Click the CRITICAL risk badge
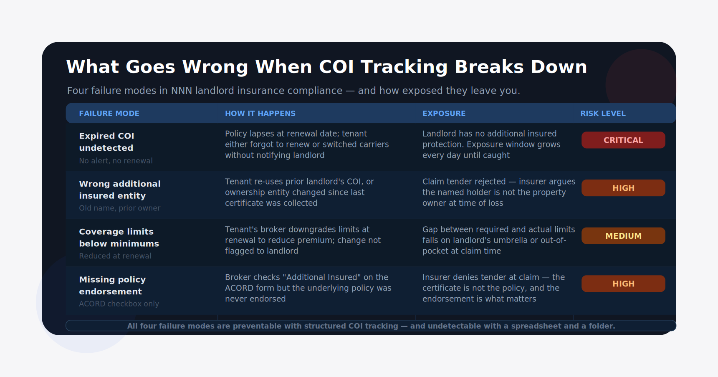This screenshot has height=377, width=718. click(x=623, y=140)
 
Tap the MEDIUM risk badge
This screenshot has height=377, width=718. click(x=623, y=236)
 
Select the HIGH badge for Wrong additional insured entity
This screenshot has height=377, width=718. click(x=623, y=188)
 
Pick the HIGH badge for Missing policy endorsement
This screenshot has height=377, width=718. click(x=623, y=284)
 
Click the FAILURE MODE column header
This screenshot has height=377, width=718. click(x=109, y=114)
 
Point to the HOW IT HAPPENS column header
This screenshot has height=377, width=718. click(x=260, y=114)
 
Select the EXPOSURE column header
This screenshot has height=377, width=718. click(x=444, y=114)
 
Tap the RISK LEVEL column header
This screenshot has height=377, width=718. click(x=603, y=114)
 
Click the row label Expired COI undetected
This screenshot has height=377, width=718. click(x=106, y=142)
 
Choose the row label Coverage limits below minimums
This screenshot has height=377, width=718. click(x=119, y=238)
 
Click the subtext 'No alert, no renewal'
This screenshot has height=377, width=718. click(x=116, y=161)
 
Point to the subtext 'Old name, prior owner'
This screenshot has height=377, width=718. click(x=120, y=208)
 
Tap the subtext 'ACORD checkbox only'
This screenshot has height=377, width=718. click(x=119, y=304)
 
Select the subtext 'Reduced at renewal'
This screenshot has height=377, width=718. click(x=115, y=256)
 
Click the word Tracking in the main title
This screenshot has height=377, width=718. click(x=404, y=67)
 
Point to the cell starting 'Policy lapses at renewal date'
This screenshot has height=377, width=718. click(x=307, y=144)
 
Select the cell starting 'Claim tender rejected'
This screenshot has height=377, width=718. click(x=499, y=192)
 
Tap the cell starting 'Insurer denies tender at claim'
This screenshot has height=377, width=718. click(x=493, y=288)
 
